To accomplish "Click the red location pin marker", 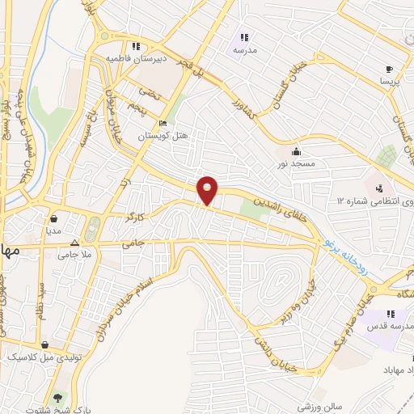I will point(208,190).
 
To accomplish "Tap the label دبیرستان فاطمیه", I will point(140,58).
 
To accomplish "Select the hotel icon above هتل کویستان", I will point(163,124).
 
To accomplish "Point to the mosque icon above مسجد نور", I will point(297,150).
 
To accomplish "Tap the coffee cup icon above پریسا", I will point(390,70).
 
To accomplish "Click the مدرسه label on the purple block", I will point(244,49).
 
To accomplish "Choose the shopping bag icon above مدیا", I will point(53,218).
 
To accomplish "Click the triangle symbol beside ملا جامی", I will point(74,242).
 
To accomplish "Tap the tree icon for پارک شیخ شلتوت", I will point(57,397).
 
